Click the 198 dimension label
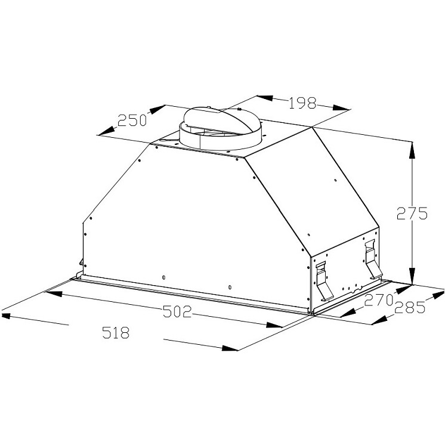click(x=302, y=103)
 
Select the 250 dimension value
click(x=132, y=120)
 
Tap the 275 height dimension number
click(x=412, y=213)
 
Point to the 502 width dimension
click(x=177, y=312)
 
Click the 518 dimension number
click(x=116, y=332)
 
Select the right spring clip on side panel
click(x=371, y=260)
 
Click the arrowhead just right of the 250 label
click(x=157, y=110)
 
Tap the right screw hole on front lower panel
click(x=230, y=288)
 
